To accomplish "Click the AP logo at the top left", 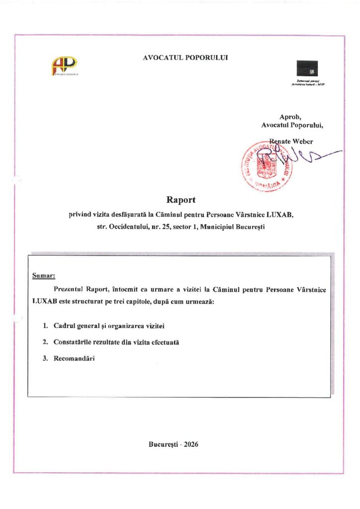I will point(64,66).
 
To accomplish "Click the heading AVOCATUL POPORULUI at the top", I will point(185,58).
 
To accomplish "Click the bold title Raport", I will point(180,200).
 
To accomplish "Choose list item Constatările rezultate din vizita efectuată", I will point(116,342).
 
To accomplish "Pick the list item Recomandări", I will point(74,359).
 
